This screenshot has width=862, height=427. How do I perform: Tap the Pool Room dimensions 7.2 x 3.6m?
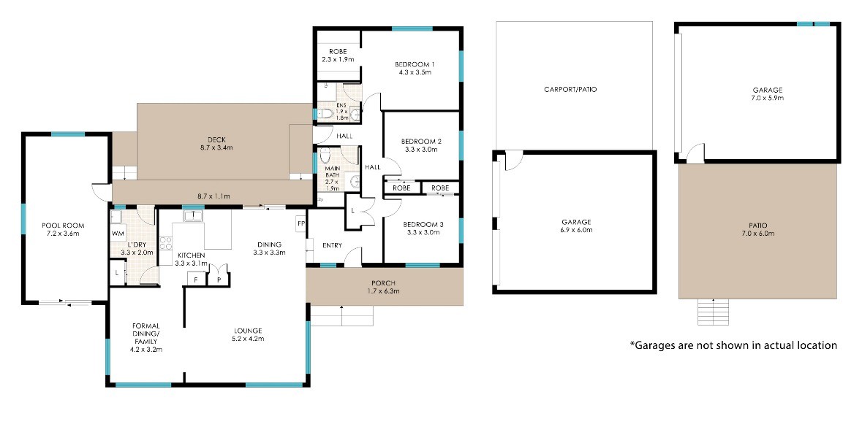coord(61,234)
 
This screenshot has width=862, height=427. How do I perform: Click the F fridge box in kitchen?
coord(196,279)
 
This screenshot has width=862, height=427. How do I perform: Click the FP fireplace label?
coord(300,224)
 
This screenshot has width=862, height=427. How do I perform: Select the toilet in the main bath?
coord(324,155)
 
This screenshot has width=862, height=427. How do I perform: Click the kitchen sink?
coord(194,215)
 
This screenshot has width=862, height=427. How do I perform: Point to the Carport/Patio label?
coord(570,89)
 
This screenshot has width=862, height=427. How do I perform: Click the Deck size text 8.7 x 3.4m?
coord(216,147)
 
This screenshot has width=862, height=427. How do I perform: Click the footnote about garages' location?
coord(733,345)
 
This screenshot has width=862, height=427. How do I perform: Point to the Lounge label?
coord(247,331)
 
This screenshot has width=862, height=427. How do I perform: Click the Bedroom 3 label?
coord(420,225)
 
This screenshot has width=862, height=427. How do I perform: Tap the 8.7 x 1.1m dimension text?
coord(213,196)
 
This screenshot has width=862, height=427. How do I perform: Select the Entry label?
coord(333,245)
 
